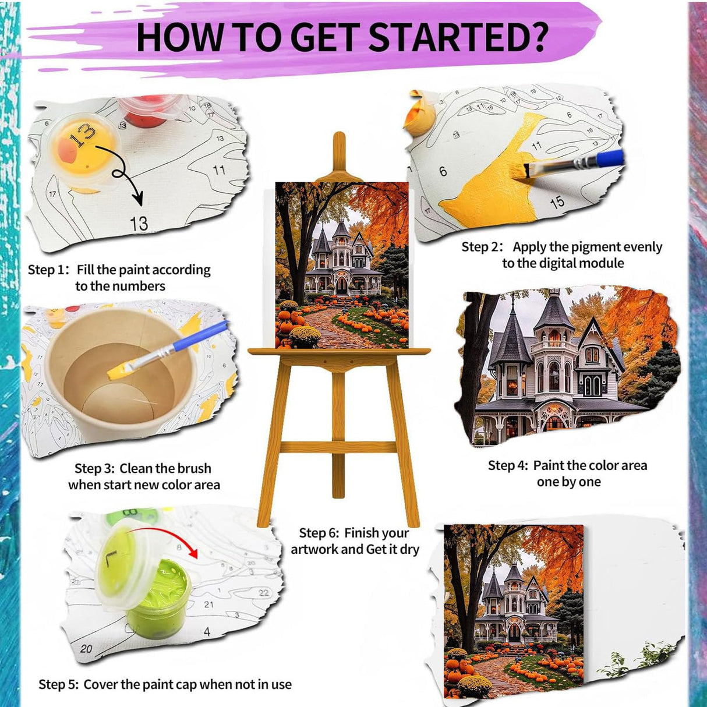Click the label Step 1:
(x=49, y=270)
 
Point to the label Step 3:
(x=95, y=468)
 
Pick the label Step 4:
(x=508, y=465)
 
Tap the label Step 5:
(x=59, y=684)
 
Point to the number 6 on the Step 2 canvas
(x=443, y=171)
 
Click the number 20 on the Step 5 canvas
(x=86, y=648)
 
